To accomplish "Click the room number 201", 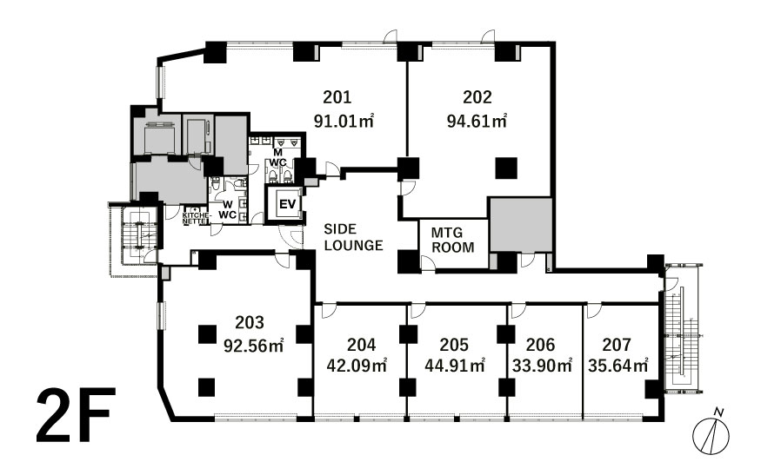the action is (x=337, y=97).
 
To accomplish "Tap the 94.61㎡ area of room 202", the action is (x=477, y=121).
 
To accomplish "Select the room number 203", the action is (x=250, y=322).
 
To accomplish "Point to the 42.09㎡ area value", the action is (x=357, y=365).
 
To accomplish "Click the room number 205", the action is (x=454, y=345).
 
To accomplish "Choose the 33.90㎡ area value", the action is (x=542, y=365).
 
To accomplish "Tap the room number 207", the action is (x=617, y=345).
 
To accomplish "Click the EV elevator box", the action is (x=287, y=204).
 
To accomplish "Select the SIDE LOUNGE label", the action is (x=353, y=237).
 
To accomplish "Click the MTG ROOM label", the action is (x=452, y=240).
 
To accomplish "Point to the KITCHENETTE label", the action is (x=197, y=218).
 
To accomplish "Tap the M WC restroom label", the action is (x=278, y=157).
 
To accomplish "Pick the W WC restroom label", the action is (x=228, y=209).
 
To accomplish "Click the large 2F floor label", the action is (x=77, y=415).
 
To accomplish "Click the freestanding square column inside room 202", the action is (x=506, y=168).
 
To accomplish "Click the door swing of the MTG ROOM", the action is (x=427, y=263).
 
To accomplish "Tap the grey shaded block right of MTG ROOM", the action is (x=520, y=225).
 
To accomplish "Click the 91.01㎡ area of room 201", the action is (x=344, y=121).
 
